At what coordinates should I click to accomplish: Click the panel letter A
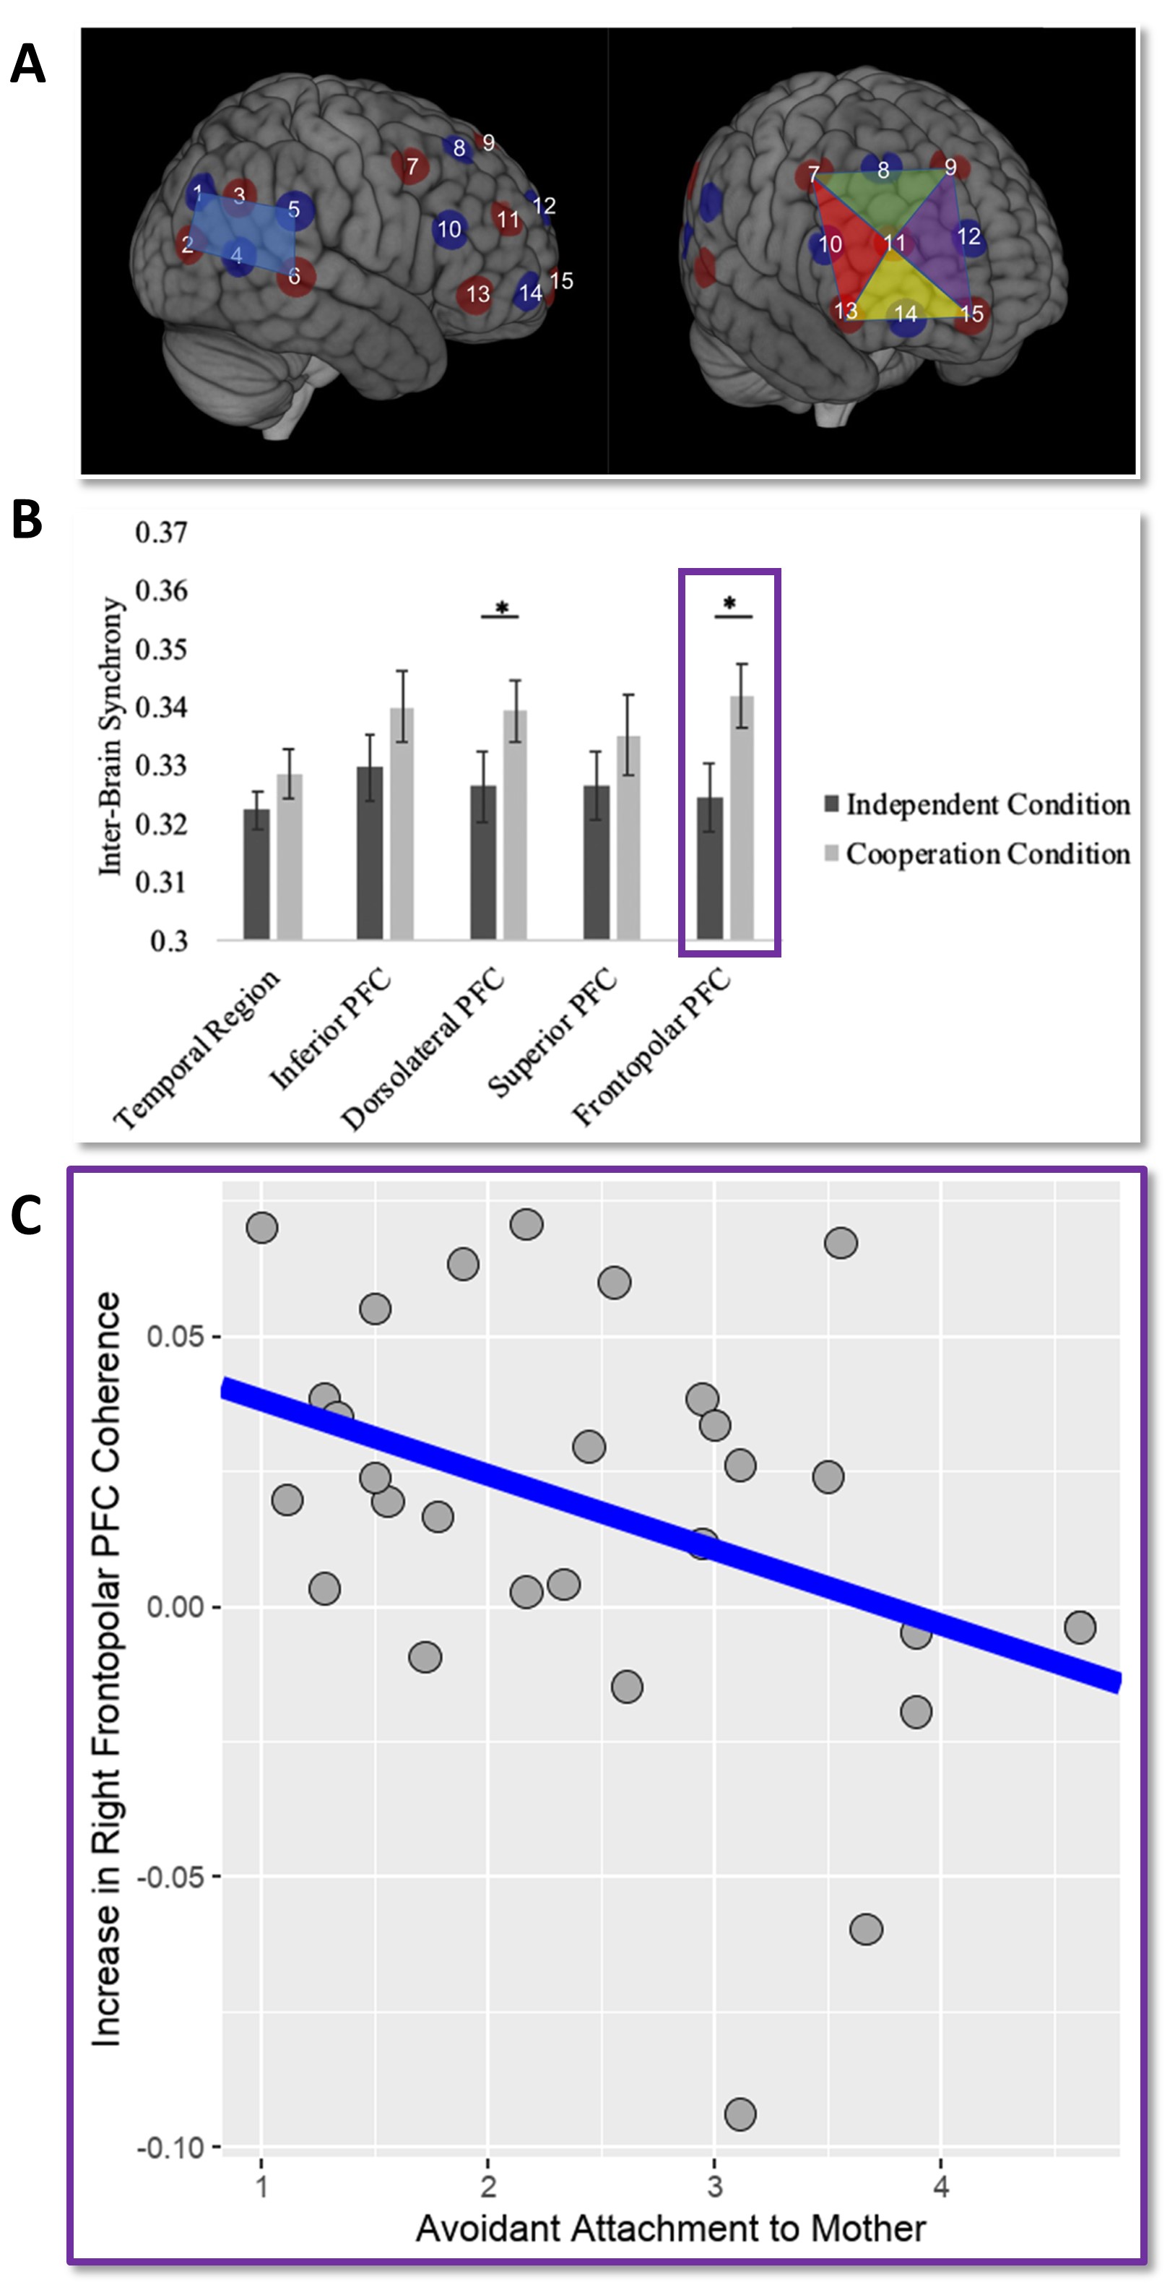click(x=27, y=65)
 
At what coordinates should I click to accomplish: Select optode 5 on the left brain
click(x=293, y=210)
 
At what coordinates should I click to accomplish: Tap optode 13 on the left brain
click(x=477, y=293)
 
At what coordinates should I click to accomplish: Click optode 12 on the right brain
click(x=968, y=237)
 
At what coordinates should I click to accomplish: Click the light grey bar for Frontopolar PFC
click(x=742, y=818)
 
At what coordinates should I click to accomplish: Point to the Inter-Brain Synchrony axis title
click(x=110, y=736)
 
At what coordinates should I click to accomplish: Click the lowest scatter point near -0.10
click(x=740, y=2114)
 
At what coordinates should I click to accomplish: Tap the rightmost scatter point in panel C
click(x=1079, y=1627)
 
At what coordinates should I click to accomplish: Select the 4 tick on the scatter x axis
click(x=941, y=2187)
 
